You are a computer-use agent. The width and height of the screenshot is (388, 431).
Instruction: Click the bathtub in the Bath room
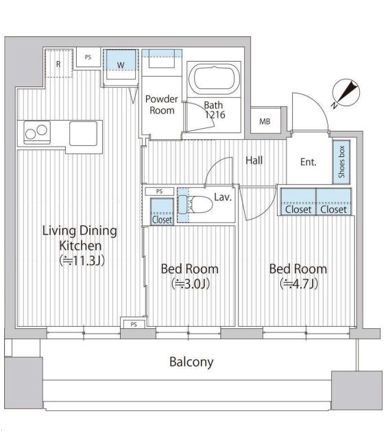pyautogui.click(x=214, y=79)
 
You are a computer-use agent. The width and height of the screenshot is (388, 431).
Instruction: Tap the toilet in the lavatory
pyautogui.click(x=196, y=205)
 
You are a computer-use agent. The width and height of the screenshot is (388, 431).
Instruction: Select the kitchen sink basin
pyautogui.click(x=84, y=134)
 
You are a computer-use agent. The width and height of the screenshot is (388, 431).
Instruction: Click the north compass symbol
pyautogui.click(x=346, y=93)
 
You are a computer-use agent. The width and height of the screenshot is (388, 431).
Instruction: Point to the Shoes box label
pyautogui.click(x=341, y=162)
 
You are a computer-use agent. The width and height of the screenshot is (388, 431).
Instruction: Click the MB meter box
pyautogui.click(x=265, y=121)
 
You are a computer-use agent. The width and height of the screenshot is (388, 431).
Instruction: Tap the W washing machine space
pyautogui.click(x=121, y=64)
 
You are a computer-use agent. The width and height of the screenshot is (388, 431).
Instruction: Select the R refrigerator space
pyautogui.click(x=58, y=64)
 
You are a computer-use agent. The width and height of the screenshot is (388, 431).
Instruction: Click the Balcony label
pyautogui.click(x=191, y=362)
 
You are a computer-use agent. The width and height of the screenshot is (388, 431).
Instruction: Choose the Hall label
pyautogui.click(x=254, y=160)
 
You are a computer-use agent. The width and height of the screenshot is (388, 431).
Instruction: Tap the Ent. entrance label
pyautogui.click(x=308, y=162)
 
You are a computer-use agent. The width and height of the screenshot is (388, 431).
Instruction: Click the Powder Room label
pyautogui.click(x=162, y=105)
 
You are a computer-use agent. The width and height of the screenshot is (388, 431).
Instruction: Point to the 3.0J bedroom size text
pyautogui.click(x=191, y=284)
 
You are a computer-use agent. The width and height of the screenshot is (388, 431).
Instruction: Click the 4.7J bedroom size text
pyautogui.click(x=299, y=284)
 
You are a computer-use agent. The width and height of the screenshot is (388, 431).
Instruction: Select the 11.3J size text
pyautogui.click(x=82, y=260)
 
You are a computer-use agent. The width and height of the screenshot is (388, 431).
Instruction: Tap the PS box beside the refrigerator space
pyautogui.click(x=88, y=57)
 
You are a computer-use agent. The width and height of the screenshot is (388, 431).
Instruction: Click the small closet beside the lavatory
pyautogui.click(x=162, y=212)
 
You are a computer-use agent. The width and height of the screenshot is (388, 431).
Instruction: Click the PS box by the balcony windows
pyautogui.click(x=134, y=324)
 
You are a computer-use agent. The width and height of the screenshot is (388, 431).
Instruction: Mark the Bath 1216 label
pyautogui.click(x=214, y=110)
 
